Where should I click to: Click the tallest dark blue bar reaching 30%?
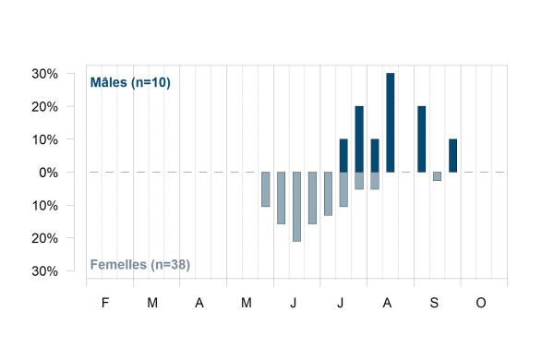(390, 123)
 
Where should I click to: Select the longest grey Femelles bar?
(296, 207)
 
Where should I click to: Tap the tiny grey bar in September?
(437, 176)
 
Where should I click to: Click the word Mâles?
(108, 82)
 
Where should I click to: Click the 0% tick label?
(48, 173)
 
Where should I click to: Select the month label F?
(105, 303)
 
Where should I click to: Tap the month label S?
(434, 303)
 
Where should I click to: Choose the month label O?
(481, 303)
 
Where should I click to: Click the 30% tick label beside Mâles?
(45, 74)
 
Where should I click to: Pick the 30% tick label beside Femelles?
(45, 271)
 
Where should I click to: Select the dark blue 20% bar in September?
(422, 139)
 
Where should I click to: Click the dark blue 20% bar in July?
(359, 139)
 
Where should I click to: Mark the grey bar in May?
(266, 189)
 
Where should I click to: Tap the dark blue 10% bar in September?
(453, 155)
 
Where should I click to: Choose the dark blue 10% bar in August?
(375, 155)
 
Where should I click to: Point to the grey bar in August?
(375, 181)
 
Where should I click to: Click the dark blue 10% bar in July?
(343, 155)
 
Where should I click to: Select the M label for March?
(152, 303)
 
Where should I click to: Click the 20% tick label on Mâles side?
(45, 107)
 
